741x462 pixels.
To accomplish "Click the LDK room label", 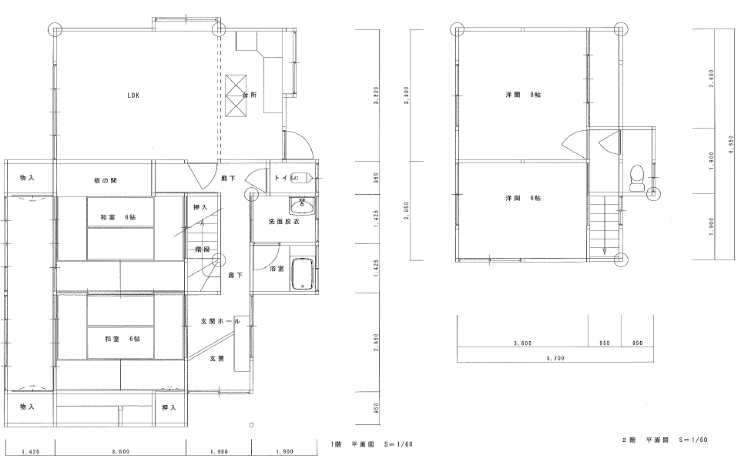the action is [133, 95].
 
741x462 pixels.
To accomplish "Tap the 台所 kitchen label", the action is [250, 95].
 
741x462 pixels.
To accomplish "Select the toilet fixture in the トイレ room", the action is [301, 178].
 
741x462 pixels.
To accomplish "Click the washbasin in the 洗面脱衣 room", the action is [302, 206].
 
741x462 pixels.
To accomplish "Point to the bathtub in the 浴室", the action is [302, 274].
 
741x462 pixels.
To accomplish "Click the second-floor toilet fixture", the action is [637, 178].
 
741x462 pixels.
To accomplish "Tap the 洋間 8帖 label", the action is [523, 95].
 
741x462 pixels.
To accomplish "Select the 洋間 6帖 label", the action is [523, 199].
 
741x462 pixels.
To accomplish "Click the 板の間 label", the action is [106, 180].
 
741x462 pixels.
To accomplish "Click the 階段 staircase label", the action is [203, 249].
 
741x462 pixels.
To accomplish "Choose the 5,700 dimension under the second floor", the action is [555, 358].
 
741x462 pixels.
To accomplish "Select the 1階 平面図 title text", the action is [372, 444].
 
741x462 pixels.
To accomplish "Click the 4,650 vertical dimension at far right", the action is [732, 145].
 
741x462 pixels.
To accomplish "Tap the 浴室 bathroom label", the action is [277, 269].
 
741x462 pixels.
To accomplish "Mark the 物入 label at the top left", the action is [27, 178].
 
